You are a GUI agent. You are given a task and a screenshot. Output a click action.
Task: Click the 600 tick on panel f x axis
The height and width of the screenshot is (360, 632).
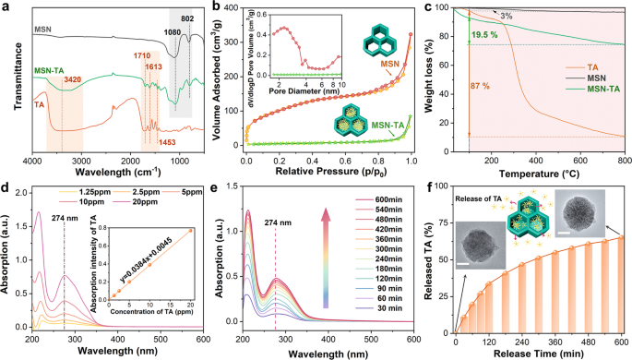(x=621, y=332)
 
